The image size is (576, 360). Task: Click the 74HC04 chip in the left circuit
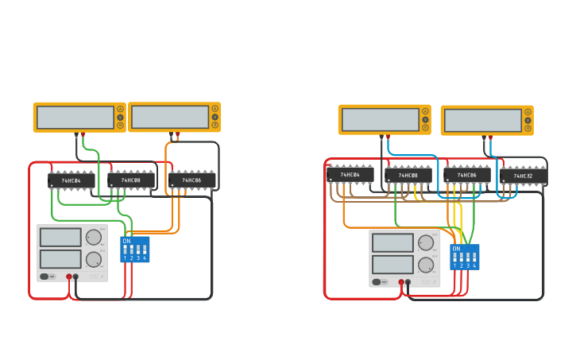(72, 180)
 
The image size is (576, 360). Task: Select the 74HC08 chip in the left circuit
(131, 180)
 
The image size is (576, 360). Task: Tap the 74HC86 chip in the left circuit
(191, 180)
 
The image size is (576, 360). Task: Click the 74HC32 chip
(523, 176)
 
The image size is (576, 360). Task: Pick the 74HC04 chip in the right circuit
(350, 174)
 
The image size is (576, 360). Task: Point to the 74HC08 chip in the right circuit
(408, 175)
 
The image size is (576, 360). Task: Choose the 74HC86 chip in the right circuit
(467, 175)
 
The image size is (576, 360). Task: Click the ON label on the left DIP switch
(127, 241)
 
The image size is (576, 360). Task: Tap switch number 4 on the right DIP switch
(474, 260)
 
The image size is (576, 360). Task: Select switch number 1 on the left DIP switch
(125, 252)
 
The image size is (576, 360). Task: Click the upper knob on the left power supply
(94, 237)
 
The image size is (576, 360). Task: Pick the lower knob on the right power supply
(426, 265)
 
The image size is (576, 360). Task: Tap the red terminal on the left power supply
(69, 277)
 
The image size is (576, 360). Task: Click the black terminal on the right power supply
(408, 281)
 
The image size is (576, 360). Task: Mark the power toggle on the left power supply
(46, 277)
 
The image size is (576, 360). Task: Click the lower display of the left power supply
(60, 259)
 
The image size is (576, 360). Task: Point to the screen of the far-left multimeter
(75, 118)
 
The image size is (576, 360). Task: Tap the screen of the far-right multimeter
(482, 121)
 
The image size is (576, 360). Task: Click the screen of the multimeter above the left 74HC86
(170, 117)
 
